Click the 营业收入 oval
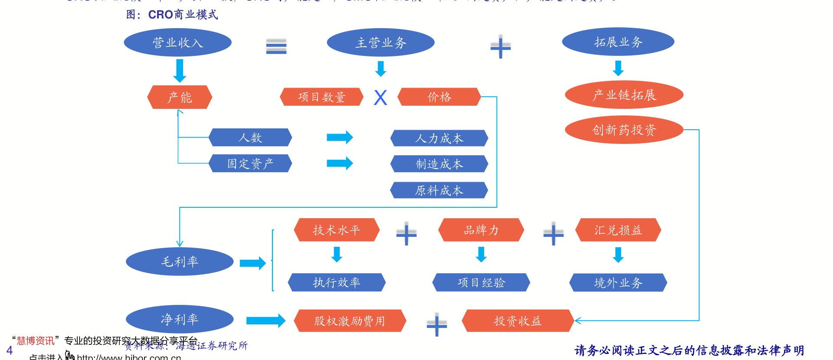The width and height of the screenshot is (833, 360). [177, 43]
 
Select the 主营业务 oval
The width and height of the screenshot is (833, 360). [380, 43]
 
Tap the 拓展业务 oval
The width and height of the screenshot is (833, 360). [618, 42]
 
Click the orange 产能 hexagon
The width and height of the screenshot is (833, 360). [180, 97]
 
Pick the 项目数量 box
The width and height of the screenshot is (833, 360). [321, 97]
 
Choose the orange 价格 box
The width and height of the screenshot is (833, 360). [439, 97]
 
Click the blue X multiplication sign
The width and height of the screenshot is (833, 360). [380, 98]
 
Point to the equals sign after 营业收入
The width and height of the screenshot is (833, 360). [276, 46]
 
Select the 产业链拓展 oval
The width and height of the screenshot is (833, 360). [624, 95]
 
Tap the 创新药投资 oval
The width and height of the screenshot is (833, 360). [624, 130]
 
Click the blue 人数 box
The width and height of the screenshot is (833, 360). [250, 137]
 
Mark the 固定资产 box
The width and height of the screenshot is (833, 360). [250, 164]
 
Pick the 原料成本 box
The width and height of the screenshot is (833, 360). [439, 190]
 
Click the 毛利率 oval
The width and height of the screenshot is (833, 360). [180, 262]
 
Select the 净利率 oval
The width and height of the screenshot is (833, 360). [180, 319]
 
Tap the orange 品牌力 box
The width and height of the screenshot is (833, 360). [481, 230]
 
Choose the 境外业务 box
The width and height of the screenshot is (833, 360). [618, 283]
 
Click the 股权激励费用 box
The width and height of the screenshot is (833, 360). [350, 321]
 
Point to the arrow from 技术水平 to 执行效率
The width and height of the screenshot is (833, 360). [337, 255]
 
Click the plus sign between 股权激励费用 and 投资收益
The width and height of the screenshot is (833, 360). [436, 324]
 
